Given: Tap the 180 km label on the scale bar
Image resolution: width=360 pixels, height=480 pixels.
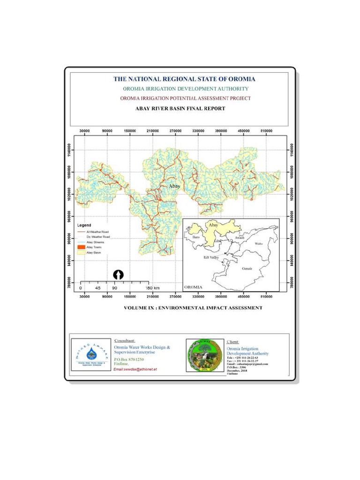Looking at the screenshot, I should pyautogui.click(x=153, y=288).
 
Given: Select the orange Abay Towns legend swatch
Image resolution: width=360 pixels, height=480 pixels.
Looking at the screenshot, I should pyautogui.click(x=81, y=247).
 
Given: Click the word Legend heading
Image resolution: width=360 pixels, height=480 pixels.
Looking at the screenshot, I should pyautogui.click(x=84, y=225).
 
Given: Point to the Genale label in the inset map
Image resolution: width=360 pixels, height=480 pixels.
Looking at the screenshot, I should pyautogui.click(x=247, y=268).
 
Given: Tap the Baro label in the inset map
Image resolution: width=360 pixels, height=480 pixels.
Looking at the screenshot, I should pyautogui.click(x=196, y=238).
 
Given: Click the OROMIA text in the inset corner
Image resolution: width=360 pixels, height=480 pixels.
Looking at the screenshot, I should pyautogui.click(x=194, y=286).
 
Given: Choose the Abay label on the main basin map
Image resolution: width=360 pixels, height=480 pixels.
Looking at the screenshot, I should pyautogui.click(x=174, y=186).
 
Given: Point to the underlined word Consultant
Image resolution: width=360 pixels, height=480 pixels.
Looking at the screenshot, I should pyautogui.click(x=125, y=340).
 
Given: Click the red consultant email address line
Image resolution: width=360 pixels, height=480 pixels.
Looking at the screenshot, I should pyautogui.click(x=135, y=369).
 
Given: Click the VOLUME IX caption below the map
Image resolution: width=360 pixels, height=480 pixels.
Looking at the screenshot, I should pyautogui.click(x=193, y=308).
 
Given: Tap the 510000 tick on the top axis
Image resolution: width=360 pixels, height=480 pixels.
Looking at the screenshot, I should pyautogui.click(x=266, y=131).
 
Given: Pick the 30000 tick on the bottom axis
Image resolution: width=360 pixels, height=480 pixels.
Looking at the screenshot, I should pyautogui.click(x=85, y=297).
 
